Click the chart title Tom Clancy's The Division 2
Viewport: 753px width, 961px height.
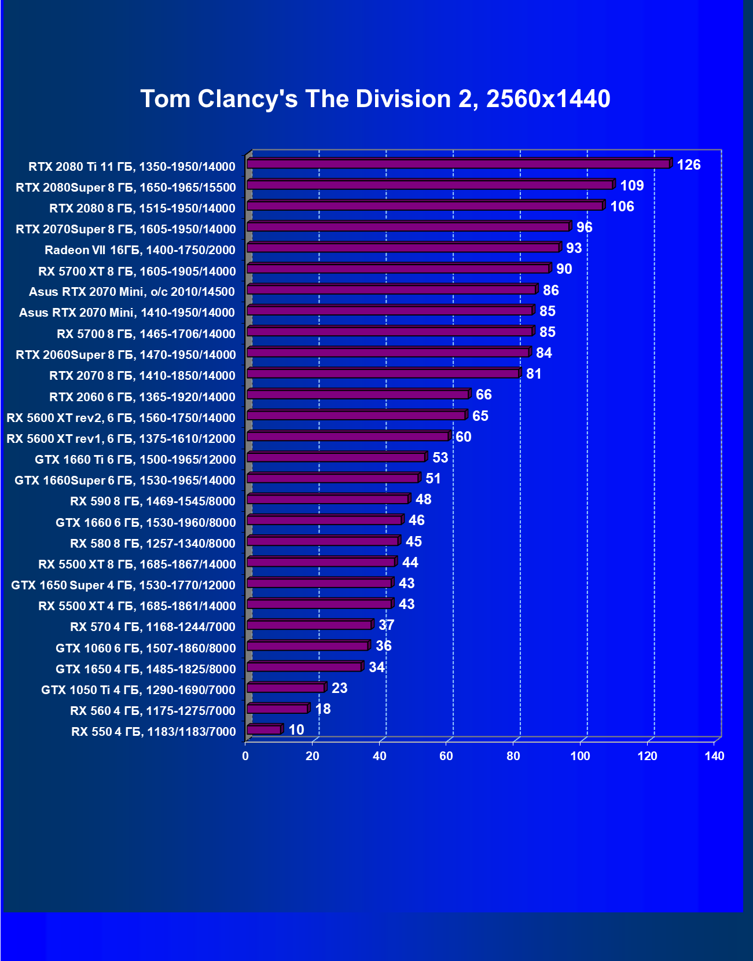click(375, 99)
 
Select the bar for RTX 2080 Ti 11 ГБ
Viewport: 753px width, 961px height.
click(458, 164)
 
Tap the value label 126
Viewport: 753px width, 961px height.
click(688, 165)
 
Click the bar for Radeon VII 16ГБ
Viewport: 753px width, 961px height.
click(403, 248)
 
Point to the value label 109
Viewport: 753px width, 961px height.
click(631, 186)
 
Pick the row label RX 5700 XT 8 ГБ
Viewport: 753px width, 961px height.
click(137, 271)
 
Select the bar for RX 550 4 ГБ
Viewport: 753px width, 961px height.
click(264, 730)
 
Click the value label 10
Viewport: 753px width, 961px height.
click(296, 730)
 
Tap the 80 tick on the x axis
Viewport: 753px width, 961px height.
click(513, 756)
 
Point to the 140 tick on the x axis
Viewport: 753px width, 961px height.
click(714, 756)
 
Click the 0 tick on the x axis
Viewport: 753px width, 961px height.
click(246, 756)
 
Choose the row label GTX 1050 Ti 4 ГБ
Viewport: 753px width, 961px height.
click(138, 689)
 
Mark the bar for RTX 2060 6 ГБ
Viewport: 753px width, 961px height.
click(358, 394)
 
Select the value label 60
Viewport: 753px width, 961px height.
click(464, 437)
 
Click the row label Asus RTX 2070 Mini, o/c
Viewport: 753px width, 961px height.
click(132, 292)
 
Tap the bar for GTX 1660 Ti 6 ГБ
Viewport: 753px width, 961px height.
click(336, 457)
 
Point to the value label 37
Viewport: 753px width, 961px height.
click(386, 625)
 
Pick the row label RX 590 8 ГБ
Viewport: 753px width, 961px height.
click(153, 501)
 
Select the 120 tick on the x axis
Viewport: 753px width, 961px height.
click(647, 756)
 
